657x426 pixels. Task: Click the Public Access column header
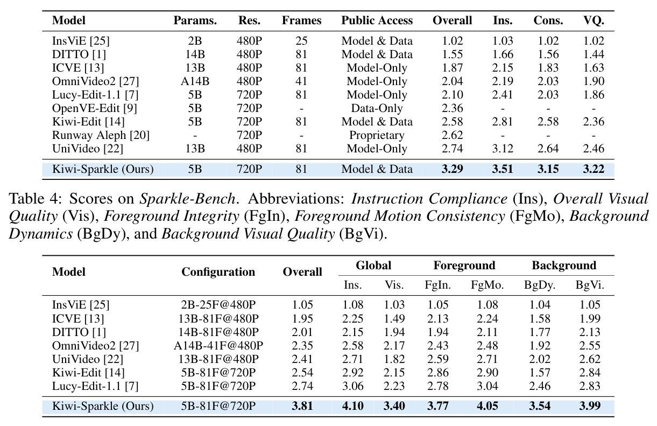pos(377,20)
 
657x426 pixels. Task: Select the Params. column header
pos(195,20)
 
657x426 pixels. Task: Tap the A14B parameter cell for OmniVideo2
pos(195,81)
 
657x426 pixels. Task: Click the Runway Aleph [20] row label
pos(101,135)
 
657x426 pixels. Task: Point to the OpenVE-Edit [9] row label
pos(95,108)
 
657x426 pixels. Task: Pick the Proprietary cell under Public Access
pos(377,135)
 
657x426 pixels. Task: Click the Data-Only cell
pos(377,108)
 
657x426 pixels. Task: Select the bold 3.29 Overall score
pos(453,169)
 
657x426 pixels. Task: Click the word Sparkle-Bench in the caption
pos(187,199)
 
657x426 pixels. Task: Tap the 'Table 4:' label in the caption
pos(36,199)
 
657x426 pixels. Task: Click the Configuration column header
pos(218,272)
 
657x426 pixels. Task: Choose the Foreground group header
pos(464,266)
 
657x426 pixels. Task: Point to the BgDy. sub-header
pos(540,285)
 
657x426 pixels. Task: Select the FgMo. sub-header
pos(487,285)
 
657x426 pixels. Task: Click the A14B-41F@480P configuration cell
pos(218,346)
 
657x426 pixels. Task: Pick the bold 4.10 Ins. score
pos(352,406)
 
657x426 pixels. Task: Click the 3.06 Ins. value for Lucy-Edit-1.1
pos(352,386)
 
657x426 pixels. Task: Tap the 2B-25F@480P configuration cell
pos(218,305)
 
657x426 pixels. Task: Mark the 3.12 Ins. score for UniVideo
pos(503,149)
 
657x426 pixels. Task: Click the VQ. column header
pos(594,20)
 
